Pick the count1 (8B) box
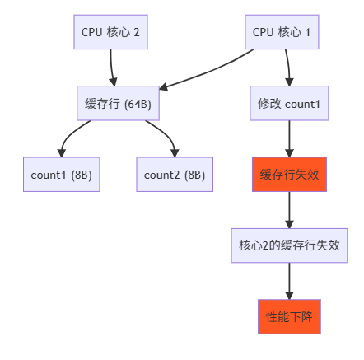[61, 175]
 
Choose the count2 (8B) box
[174, 175]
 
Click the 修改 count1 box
[289, 104]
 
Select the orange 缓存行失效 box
[289, 175]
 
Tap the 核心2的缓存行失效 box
[289, 245]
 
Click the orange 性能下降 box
[289, 316]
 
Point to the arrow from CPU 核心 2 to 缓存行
[111, 68]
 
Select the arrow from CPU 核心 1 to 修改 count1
[287, 68]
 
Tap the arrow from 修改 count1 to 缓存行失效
[289, 138]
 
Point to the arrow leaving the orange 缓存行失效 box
[289, 209]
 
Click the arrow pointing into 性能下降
[289, 280]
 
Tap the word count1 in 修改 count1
[301, 104]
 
